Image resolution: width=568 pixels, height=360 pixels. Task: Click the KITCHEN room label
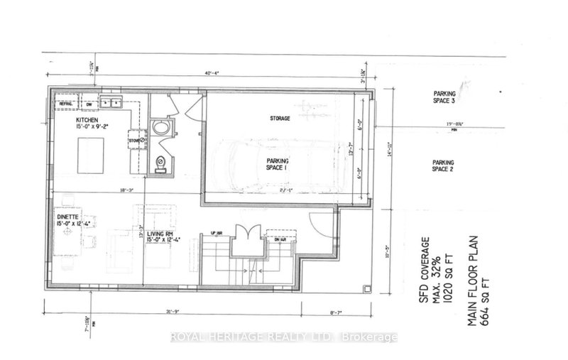90,121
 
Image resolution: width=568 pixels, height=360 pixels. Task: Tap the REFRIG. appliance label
67,102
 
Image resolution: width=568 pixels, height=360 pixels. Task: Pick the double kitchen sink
114,104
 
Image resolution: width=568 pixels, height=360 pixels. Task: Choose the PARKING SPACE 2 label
444,165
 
